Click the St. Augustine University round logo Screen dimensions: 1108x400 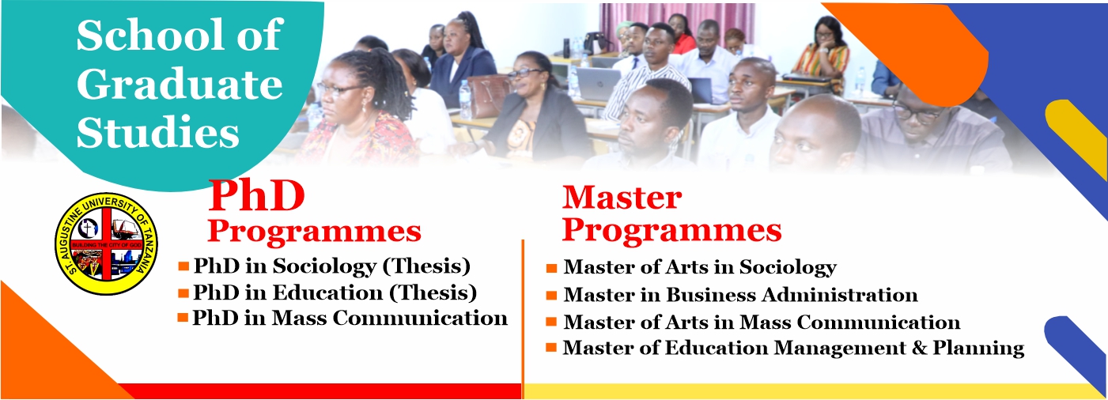(x=106, y=243)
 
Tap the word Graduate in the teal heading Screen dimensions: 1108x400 (x=180, y=85)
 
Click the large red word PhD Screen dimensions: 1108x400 (x=256, y=197)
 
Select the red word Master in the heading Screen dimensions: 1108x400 (x=622, y=198)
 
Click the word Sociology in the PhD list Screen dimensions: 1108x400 (x=325, y=266)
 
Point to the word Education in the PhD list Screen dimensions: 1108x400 (x=328, y=292)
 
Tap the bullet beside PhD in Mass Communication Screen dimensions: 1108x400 (x=183, y=318)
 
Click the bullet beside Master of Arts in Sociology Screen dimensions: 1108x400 (x=551, y=269)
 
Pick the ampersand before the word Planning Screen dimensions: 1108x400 (x=920, y=348)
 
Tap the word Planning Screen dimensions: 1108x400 (x=978, y=349)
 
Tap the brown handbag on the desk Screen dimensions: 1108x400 (x=486, y=96)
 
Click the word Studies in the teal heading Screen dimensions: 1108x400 (x=158, y=133)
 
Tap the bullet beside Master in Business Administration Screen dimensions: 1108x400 (x=551, y=296)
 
